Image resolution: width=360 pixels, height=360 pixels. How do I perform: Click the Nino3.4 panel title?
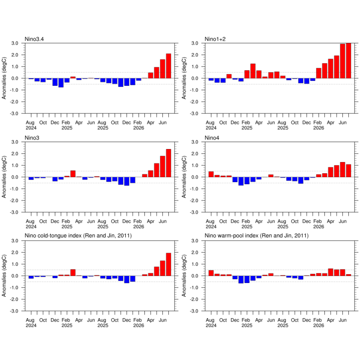[x=34, y=39]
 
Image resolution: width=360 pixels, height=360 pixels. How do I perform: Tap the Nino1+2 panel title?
[x=215, y=39]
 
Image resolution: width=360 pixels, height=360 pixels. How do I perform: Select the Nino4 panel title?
[x=212, y=138]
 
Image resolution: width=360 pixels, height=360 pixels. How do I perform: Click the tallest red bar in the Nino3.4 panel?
[x=169, y=66]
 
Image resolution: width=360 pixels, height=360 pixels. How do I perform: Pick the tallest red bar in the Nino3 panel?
[x=169, y=163]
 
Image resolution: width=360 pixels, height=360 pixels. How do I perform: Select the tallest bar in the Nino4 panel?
[x=342, y=170]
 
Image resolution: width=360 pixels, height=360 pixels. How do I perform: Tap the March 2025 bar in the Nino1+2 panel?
[x=253, y=71]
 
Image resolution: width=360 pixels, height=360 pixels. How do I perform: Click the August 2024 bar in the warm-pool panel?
[x=211, y=273]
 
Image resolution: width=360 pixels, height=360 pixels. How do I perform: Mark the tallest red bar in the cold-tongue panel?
[x=169, y=264]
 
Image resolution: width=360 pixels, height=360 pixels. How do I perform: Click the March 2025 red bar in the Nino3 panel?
[x=73, y=174]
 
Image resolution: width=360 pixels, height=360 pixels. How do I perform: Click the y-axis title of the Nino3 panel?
[x=4, y=177]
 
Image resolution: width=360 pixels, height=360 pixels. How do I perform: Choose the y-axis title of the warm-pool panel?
[x=184, y=276]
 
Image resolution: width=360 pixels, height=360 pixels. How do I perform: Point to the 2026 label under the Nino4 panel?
[x=319, y=226]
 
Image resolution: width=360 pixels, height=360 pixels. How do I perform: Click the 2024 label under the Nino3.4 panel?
[x=31, y=128]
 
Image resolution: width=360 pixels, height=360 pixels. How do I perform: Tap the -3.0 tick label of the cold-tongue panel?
[x=14, y=311]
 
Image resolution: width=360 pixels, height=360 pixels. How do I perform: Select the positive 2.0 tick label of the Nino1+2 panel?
[x=195, y=55]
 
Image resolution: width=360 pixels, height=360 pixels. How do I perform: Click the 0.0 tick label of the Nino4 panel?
[x=195, y=177]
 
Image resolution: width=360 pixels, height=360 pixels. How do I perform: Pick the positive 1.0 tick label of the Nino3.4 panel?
[x=15, y=67]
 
